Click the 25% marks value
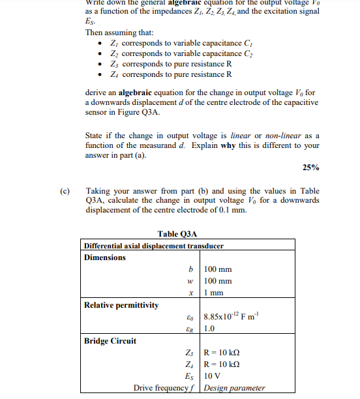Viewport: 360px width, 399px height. click(311, 168)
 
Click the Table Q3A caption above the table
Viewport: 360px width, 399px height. click(177, 234)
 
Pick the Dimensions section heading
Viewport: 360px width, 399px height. click(105, 257)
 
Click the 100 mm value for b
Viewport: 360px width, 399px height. click(218, 269)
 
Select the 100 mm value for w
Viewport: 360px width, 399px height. click(218, 281)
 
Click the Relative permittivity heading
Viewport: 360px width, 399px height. click(121, 304)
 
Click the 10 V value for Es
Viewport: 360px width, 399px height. click(213, 376)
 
